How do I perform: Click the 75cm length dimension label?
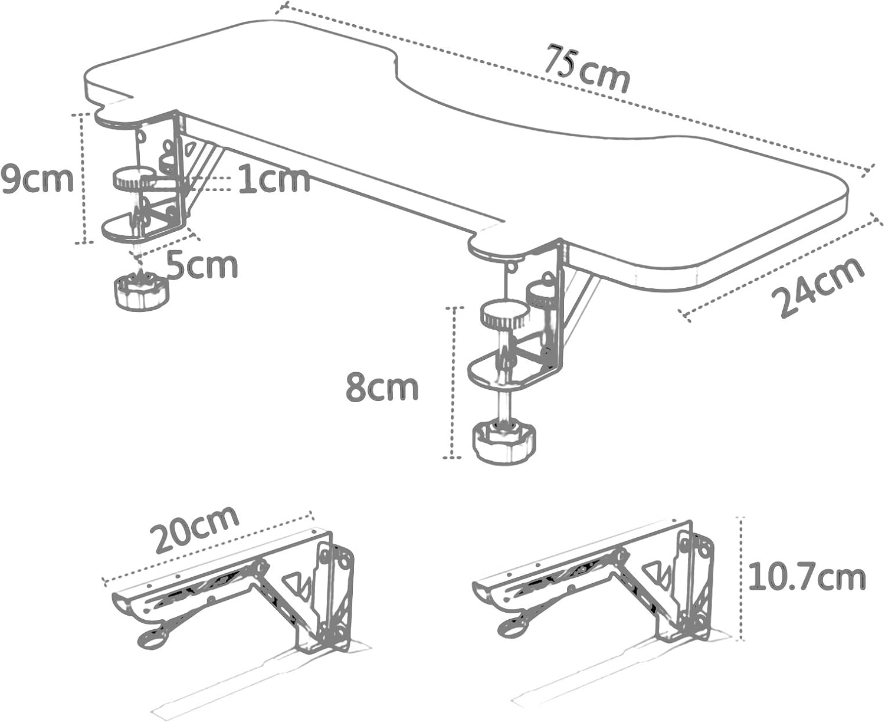point(586,68)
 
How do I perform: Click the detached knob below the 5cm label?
point(140,290)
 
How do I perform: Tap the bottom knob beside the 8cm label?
point(506,441)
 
